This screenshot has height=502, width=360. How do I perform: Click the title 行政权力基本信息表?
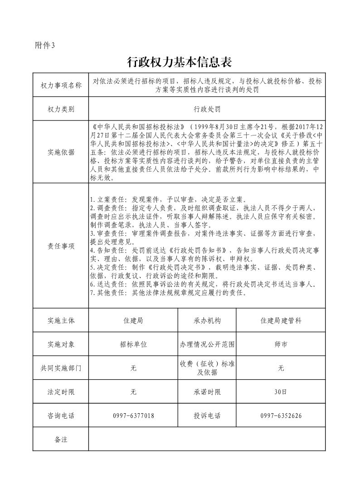point(180,61)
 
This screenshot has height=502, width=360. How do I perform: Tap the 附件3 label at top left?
point(44,45)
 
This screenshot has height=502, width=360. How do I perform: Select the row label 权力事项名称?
point(61,85)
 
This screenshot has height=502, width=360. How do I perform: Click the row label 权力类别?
point(61,109)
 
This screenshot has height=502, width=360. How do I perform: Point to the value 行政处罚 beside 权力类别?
point(207,109)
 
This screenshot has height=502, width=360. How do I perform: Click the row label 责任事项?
point(61,246)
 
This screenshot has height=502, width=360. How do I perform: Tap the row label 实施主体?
point(61,320)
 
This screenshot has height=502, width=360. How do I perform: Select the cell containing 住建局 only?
point(133,320)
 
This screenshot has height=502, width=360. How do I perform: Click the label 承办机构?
point(207,320)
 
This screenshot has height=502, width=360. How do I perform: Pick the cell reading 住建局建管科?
point(281,320)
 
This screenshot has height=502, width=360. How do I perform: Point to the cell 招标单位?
point(133,344)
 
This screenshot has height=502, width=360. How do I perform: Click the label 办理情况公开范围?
point(207,344)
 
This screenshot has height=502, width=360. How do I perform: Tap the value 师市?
point(281,344)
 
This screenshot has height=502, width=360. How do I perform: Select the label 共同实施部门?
point(61,368)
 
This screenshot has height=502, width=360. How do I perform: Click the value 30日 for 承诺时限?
point(281,392)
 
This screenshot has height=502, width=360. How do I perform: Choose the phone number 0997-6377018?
point(133,415)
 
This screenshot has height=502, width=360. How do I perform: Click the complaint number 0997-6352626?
point(281,415)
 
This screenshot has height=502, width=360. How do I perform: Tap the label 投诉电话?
point(207,415)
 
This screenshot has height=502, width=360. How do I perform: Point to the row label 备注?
point(61,439)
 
